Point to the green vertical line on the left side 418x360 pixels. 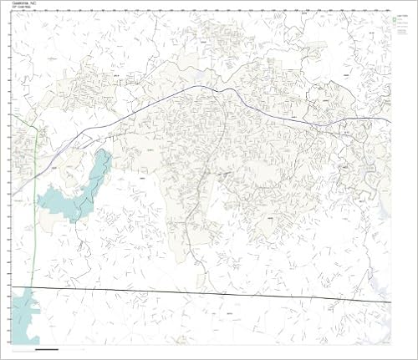point(34,209)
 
